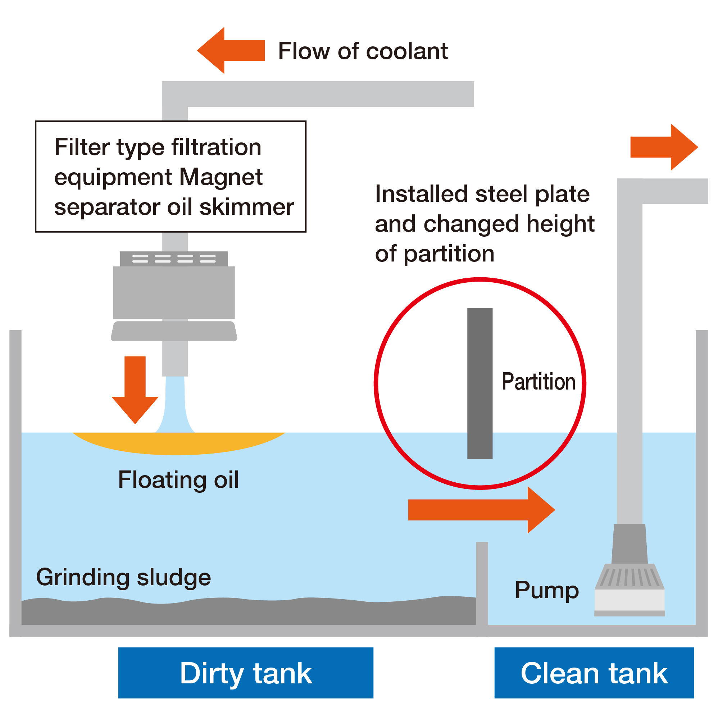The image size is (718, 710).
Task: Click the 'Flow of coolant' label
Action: (x=363, y=51)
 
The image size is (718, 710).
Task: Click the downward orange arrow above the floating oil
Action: (x=135, y=387)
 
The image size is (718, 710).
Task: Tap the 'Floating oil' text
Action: (x=178, y=480)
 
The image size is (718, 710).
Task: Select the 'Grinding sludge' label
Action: (x=123, y=577)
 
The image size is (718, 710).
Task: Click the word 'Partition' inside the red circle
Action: (x=538, y=382)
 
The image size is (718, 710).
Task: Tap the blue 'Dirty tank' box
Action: (x=246, y=673)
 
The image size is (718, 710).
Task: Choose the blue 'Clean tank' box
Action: (x=594, y=673)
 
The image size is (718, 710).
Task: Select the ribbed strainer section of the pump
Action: (x=630, y=577)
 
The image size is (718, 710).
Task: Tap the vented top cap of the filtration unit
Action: (x=174, y=259)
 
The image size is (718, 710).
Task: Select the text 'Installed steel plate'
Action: (x=482, y=194)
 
